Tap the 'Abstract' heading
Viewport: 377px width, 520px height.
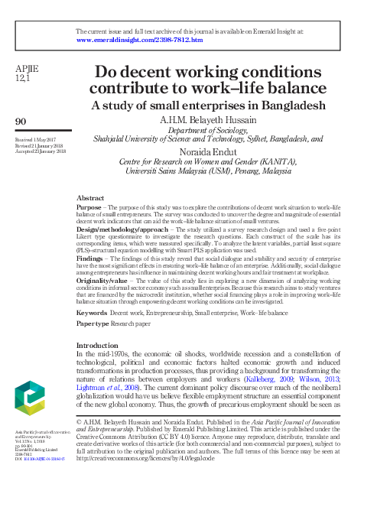tap(91, 197)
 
